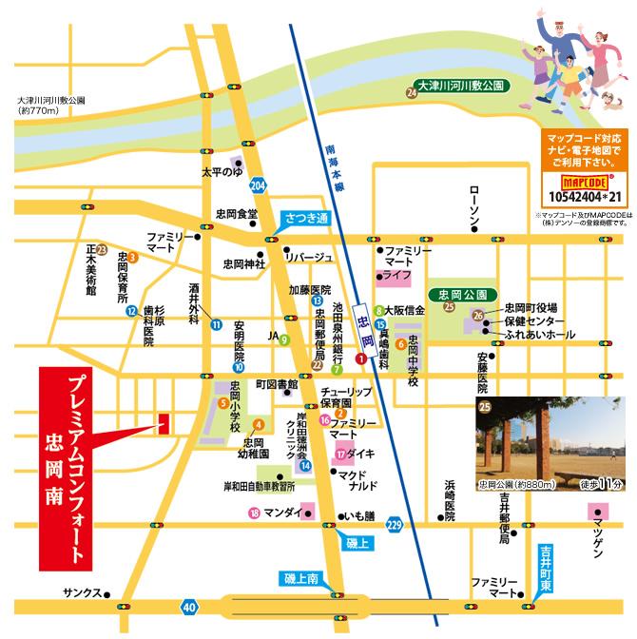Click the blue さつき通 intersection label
click(x=306, y=220)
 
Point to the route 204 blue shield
click(x=258, y=184)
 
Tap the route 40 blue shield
click(x=190, y=606)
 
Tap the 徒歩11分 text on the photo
click(x=601, y=485)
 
